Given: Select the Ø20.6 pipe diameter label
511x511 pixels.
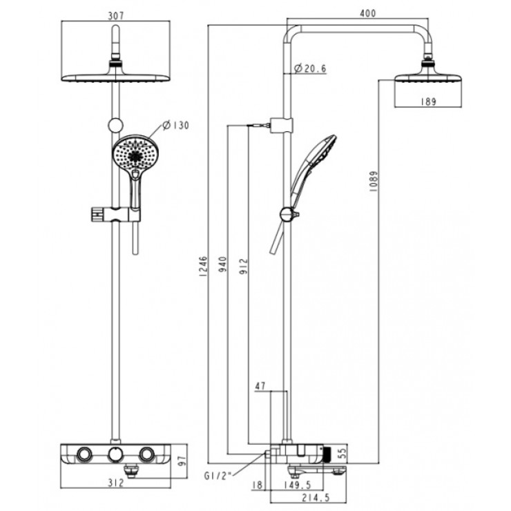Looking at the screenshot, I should point(310,68).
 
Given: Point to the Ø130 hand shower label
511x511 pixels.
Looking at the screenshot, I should point(176,125).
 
